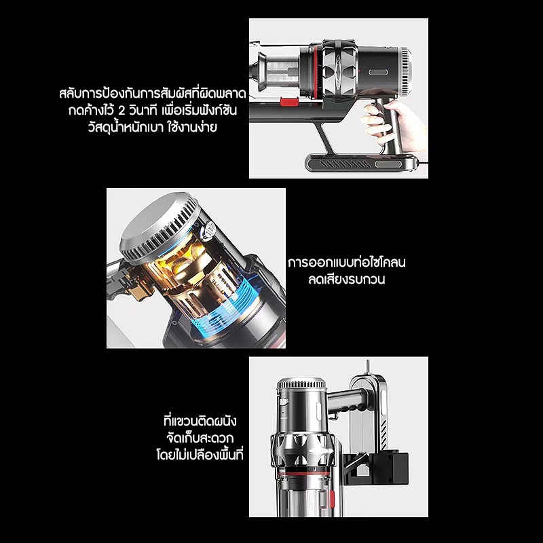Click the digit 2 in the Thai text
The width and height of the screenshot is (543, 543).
point(121,111)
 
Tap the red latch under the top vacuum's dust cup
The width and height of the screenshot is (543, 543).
point(290,102)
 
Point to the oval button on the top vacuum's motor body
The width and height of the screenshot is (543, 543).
point(378,73)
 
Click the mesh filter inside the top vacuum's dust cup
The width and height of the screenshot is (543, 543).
point(281,74)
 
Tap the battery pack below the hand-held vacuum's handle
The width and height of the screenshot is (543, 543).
point(361,163)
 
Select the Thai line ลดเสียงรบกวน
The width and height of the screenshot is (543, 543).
point(346,280)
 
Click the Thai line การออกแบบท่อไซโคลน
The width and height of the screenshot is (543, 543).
point(347,263)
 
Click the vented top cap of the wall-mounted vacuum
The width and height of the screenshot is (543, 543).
point(301,383)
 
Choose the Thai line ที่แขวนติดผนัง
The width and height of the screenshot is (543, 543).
point(200,422)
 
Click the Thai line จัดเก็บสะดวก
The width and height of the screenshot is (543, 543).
point(200,438)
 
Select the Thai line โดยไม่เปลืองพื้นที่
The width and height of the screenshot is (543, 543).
point(200,455)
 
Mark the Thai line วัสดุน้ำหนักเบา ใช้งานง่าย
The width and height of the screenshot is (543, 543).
point(152,127)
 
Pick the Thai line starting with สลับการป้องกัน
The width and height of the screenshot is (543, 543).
point(152,94)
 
